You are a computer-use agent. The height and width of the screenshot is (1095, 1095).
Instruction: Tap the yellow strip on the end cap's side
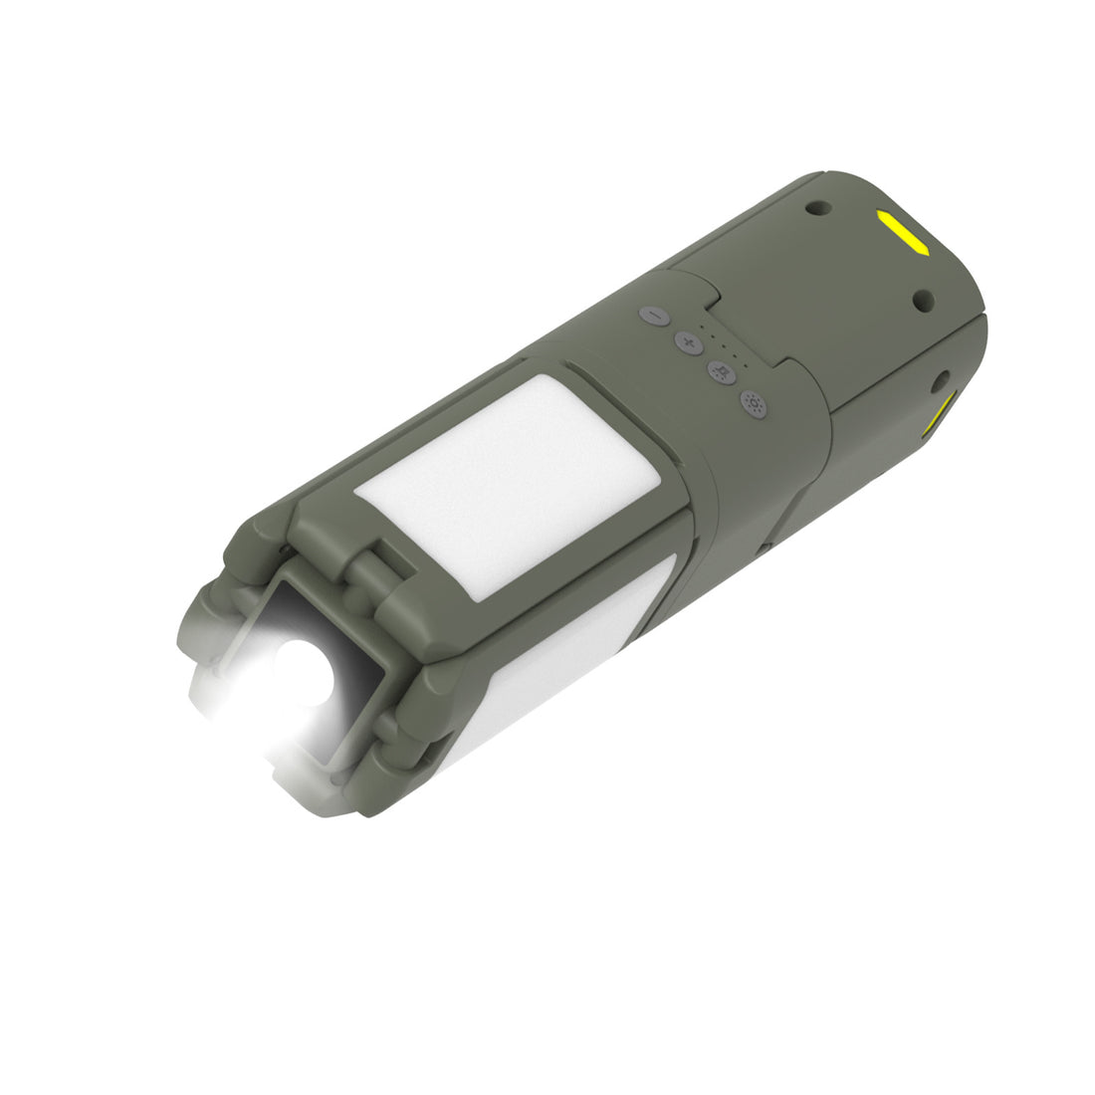941,412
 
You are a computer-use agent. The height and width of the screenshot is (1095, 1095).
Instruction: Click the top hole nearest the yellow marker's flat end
818,208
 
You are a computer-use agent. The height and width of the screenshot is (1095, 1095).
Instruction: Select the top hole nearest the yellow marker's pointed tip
922,297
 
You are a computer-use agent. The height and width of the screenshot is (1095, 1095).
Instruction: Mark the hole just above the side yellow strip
939,378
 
